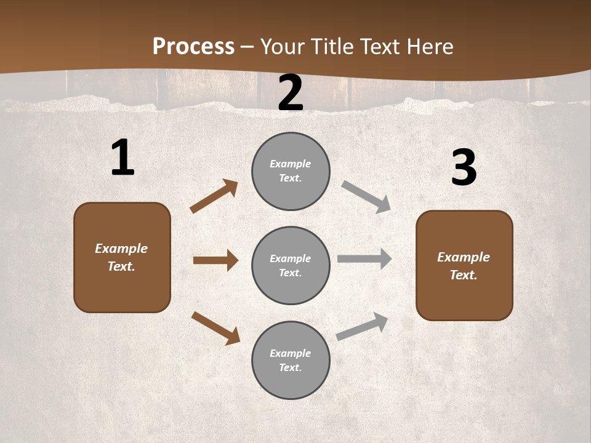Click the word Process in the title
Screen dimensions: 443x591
point(193,46)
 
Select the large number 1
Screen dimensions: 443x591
point(123,158)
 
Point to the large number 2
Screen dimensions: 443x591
point(291,94)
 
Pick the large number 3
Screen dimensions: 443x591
point(464,168)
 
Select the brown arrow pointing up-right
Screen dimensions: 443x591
point(214,196)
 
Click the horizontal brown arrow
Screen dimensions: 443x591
point(215,260)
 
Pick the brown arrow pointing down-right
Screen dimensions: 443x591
point(215,327)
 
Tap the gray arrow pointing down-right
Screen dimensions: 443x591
point(366,196)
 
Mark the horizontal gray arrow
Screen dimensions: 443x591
point(364,259)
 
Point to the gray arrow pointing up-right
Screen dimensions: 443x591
point(362,327)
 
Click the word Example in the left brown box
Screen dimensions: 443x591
point(121,249)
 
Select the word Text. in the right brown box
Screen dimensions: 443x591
point(464,275)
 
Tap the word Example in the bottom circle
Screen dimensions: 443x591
point(291,353)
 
